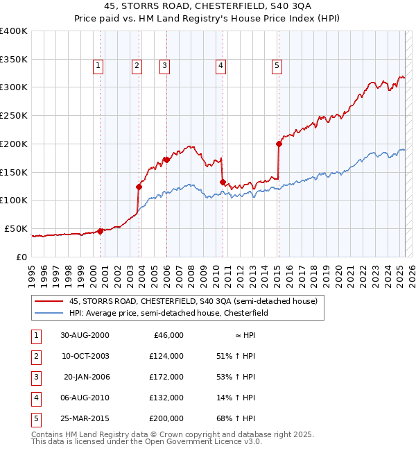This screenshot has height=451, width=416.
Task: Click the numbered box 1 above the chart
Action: point(98,66)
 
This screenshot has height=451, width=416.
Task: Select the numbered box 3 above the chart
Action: point(164,66)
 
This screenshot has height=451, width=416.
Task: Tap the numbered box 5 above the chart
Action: point(277,66)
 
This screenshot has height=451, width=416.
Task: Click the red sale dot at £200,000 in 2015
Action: point(279,144)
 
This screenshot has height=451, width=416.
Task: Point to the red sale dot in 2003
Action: point(139,187)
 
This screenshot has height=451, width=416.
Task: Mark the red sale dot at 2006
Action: point(167,160)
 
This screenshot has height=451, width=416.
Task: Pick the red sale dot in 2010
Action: point(223,182)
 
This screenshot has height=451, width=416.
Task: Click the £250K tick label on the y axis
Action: point(13,116)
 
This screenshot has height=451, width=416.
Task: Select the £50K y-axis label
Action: point(16,228)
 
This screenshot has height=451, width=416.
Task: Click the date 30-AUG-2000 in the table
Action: point(85,335)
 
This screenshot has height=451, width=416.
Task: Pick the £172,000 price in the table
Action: point(166,377)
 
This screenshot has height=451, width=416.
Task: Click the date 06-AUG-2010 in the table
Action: point(85,398)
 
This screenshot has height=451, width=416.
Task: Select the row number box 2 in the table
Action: point(36,356)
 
